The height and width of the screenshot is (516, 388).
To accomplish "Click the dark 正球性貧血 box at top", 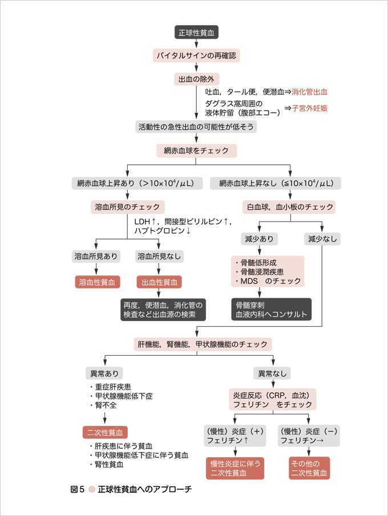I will click(x=196, y=32).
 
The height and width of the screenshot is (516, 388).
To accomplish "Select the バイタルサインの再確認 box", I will click(x=196, y=55).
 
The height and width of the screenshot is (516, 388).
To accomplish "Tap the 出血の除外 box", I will click(x=196, y=79).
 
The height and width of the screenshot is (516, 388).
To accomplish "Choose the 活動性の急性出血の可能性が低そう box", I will click(x=196, y=127).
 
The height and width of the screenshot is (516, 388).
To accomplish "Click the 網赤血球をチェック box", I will click(x=196, y=151).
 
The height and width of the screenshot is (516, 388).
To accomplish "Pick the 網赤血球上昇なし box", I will click(x=276, y=183).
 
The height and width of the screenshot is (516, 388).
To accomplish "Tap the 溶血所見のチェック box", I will click(x=128, y=206).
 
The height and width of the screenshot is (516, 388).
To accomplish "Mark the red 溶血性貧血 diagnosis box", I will click(x=97, y=282).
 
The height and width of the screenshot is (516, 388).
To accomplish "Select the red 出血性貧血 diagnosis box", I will click(x=158, y=282).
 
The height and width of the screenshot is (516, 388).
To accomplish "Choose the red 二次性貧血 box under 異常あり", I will click(x=105, y=432).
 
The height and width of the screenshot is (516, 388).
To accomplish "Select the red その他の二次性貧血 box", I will click(x=309, y=468).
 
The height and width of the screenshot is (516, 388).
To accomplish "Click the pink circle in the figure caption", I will click(x=91, y=489).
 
